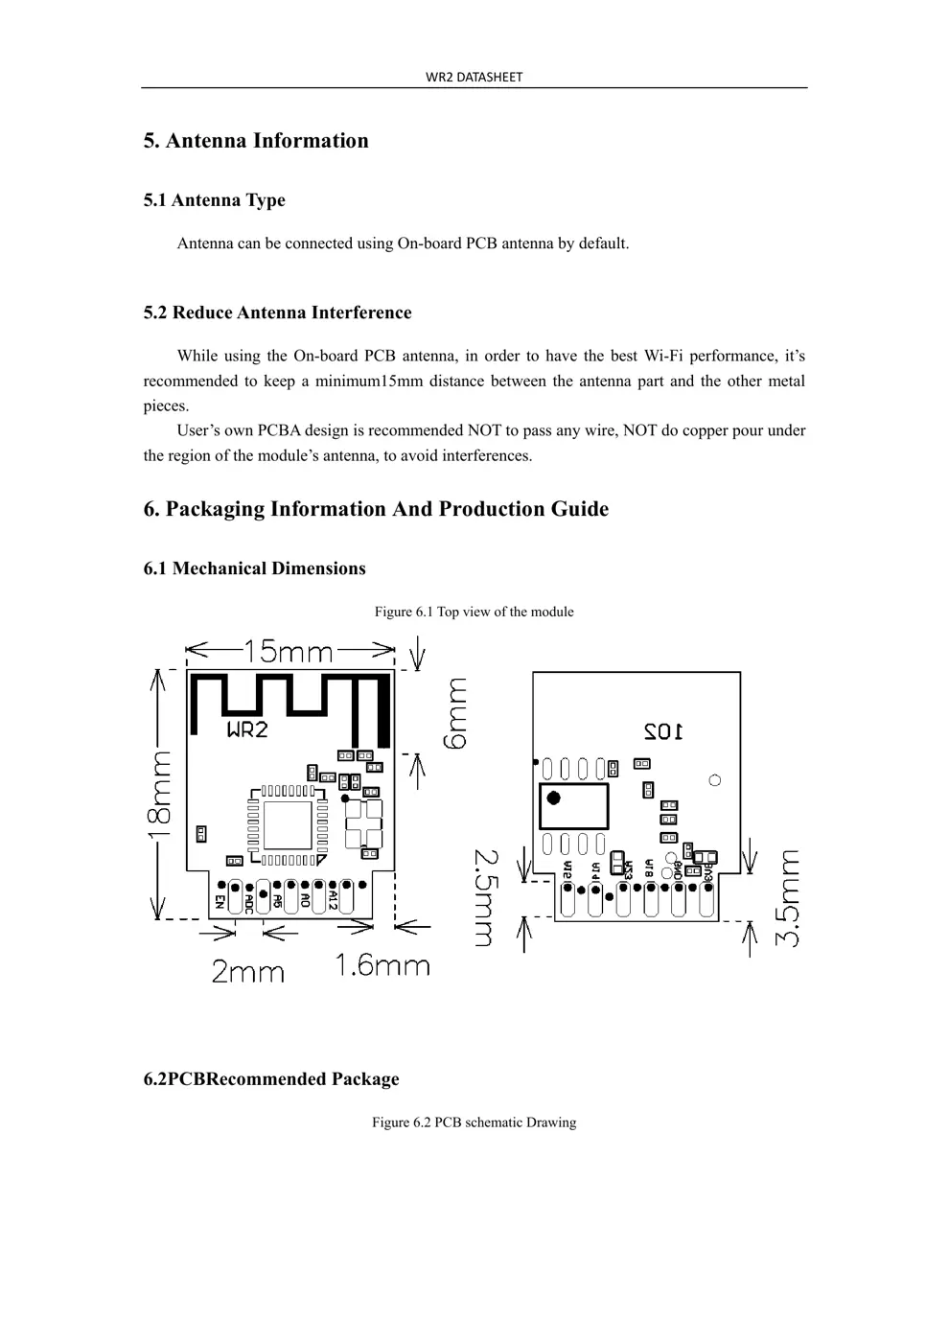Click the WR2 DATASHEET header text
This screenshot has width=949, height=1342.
coord(474,77)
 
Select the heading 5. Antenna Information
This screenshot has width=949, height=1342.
coord(256,141)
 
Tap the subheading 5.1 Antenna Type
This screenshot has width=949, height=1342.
coord(215,200)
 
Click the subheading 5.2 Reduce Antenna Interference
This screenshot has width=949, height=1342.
coord(277,312)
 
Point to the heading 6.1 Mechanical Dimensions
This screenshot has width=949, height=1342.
coord(254,568)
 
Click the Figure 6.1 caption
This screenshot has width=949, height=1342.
coord(474,612)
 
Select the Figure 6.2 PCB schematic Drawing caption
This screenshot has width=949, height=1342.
coord(474,1122)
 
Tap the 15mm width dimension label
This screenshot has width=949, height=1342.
coord(289,652)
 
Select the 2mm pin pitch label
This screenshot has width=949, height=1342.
coord(247,972)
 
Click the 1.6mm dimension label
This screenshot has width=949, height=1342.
coord(382,965)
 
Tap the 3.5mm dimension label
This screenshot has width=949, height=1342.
coord(789,898)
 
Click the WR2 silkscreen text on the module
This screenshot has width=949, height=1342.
coord(246,729)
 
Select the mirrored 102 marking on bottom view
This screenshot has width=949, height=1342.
coord(662,731)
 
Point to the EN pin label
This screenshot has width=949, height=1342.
coord(220,902)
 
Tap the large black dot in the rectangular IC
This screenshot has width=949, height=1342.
coord(553,798)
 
